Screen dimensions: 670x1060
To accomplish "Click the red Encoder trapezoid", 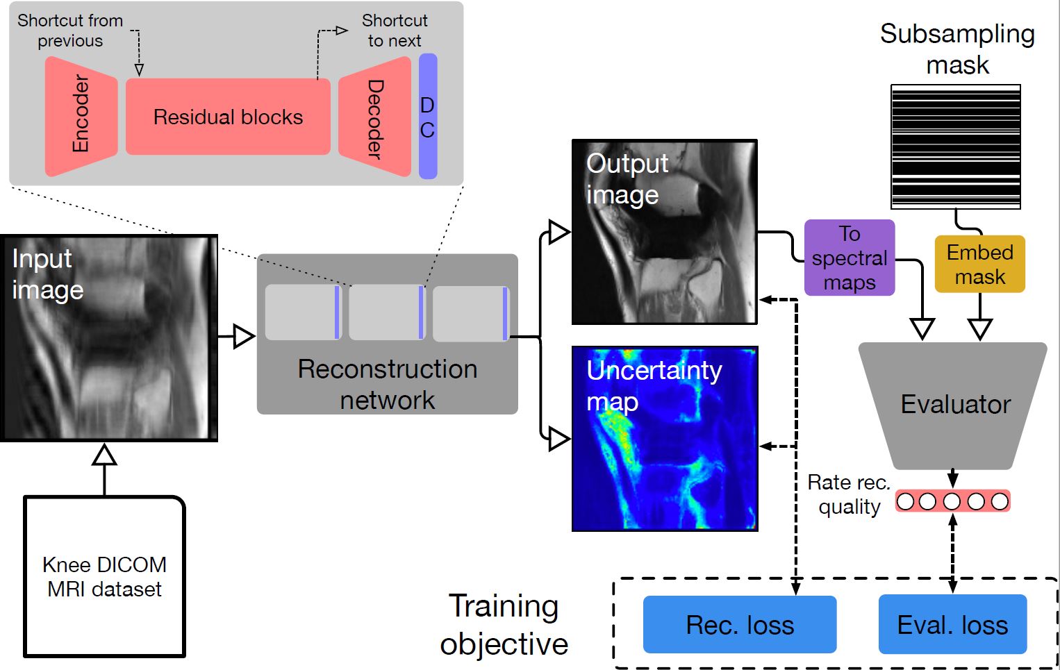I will click(x=81, y=116).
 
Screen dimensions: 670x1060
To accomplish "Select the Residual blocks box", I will click(x=228, y=117).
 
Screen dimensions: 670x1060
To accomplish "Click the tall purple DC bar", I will click(x=428, y=117).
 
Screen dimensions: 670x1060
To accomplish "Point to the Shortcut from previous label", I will click(x=70, y=31).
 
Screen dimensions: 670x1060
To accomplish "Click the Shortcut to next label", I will click(x=395, y=31).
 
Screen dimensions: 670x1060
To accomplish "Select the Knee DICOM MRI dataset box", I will click(x=105, y=576).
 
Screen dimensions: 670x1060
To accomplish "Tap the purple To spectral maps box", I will click(x=850, y=258).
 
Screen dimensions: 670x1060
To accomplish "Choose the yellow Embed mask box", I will click(x=979, y=264).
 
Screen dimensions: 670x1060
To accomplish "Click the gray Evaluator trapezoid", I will click(x=953, y=405).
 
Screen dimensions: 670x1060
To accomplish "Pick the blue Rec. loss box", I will click(x=740, y=625).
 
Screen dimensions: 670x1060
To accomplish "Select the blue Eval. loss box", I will click(x=952, y=625).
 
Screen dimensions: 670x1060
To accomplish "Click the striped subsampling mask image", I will click(x=956, y=146).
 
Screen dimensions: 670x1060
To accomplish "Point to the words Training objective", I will click(x=504, y=624).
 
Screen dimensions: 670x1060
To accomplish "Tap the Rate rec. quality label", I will click(x=848, y=494).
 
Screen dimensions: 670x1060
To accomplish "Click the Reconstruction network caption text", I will click(x=388, y=384).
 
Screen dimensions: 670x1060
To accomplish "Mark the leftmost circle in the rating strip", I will click(x=905, y=501).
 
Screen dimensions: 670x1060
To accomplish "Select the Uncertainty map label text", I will click(x=653, y=385).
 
